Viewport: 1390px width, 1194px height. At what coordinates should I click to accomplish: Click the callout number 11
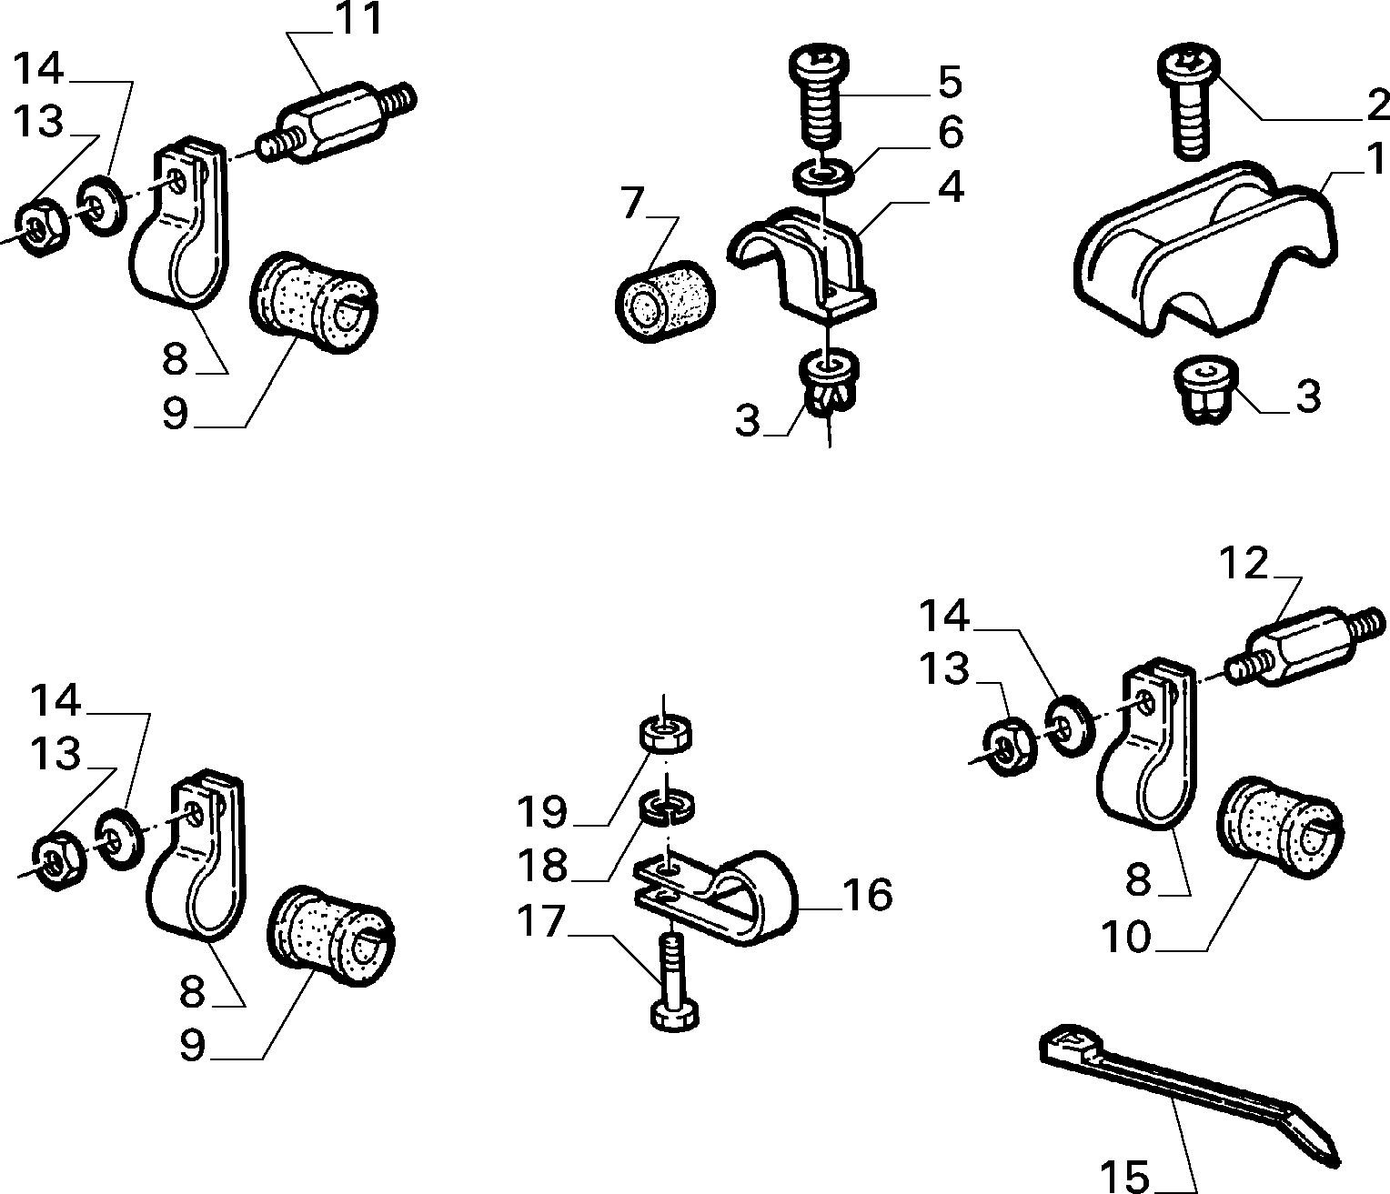(x=358, y=18)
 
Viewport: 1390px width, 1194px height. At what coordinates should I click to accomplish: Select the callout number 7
(x=631, y=203)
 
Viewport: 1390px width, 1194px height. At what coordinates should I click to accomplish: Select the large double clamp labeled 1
(x=1204, y=249)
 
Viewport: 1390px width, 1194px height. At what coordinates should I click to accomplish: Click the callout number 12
(x=1244, y=563)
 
